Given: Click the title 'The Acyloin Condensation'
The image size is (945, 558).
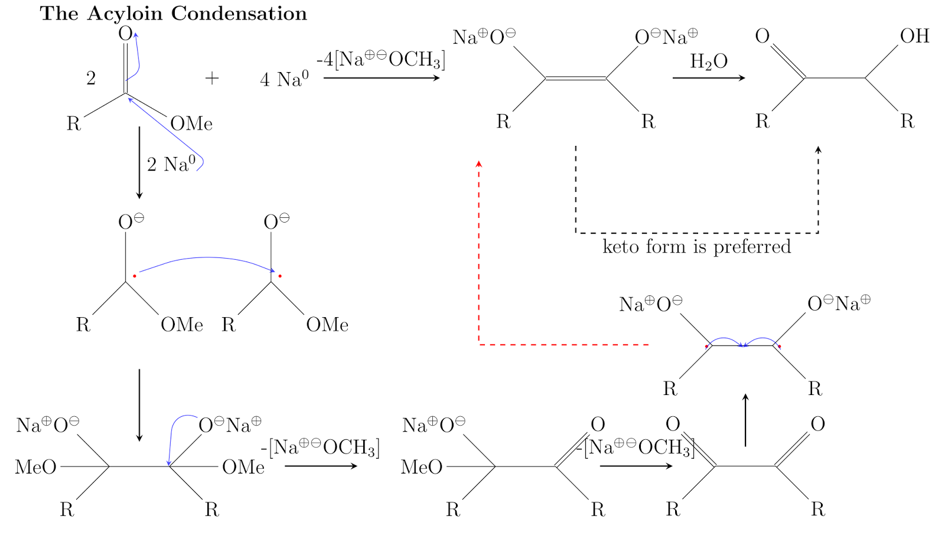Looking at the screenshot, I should (x=173, y=14).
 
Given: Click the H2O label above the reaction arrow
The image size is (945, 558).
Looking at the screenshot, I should (x=708, y=61).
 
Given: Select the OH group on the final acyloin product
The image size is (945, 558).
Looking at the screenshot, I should (x=914, y=36).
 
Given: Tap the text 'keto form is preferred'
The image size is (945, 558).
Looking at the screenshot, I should (x=696, y=246).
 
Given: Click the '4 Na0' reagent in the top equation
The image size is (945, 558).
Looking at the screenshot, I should (x=284, y=79).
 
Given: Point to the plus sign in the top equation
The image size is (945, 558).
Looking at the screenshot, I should (x=211, y=78).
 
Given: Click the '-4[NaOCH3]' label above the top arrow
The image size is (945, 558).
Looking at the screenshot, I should (x=380, y=59).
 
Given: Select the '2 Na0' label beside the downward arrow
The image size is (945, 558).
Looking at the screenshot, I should (x=171, y=164).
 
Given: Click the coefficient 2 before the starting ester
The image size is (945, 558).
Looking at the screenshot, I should (x=91, y=78).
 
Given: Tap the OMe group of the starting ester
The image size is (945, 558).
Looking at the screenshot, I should (x=191, y=124).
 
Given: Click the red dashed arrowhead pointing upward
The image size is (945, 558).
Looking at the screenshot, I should (x=479, y=163).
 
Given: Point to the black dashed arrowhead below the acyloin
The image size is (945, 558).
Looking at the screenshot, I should (x=818, y=149).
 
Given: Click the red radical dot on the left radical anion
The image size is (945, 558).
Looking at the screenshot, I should (x=135, y=276).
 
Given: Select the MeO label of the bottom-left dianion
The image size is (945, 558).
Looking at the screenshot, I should (x=35, y=467).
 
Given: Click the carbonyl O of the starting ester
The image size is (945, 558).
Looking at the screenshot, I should (x=125, y=34).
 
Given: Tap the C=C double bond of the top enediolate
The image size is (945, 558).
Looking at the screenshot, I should (x=575, y=78).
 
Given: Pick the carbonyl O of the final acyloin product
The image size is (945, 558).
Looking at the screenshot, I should (x=762, y=36).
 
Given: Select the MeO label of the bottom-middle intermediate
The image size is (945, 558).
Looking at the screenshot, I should (x=421, y=467).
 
